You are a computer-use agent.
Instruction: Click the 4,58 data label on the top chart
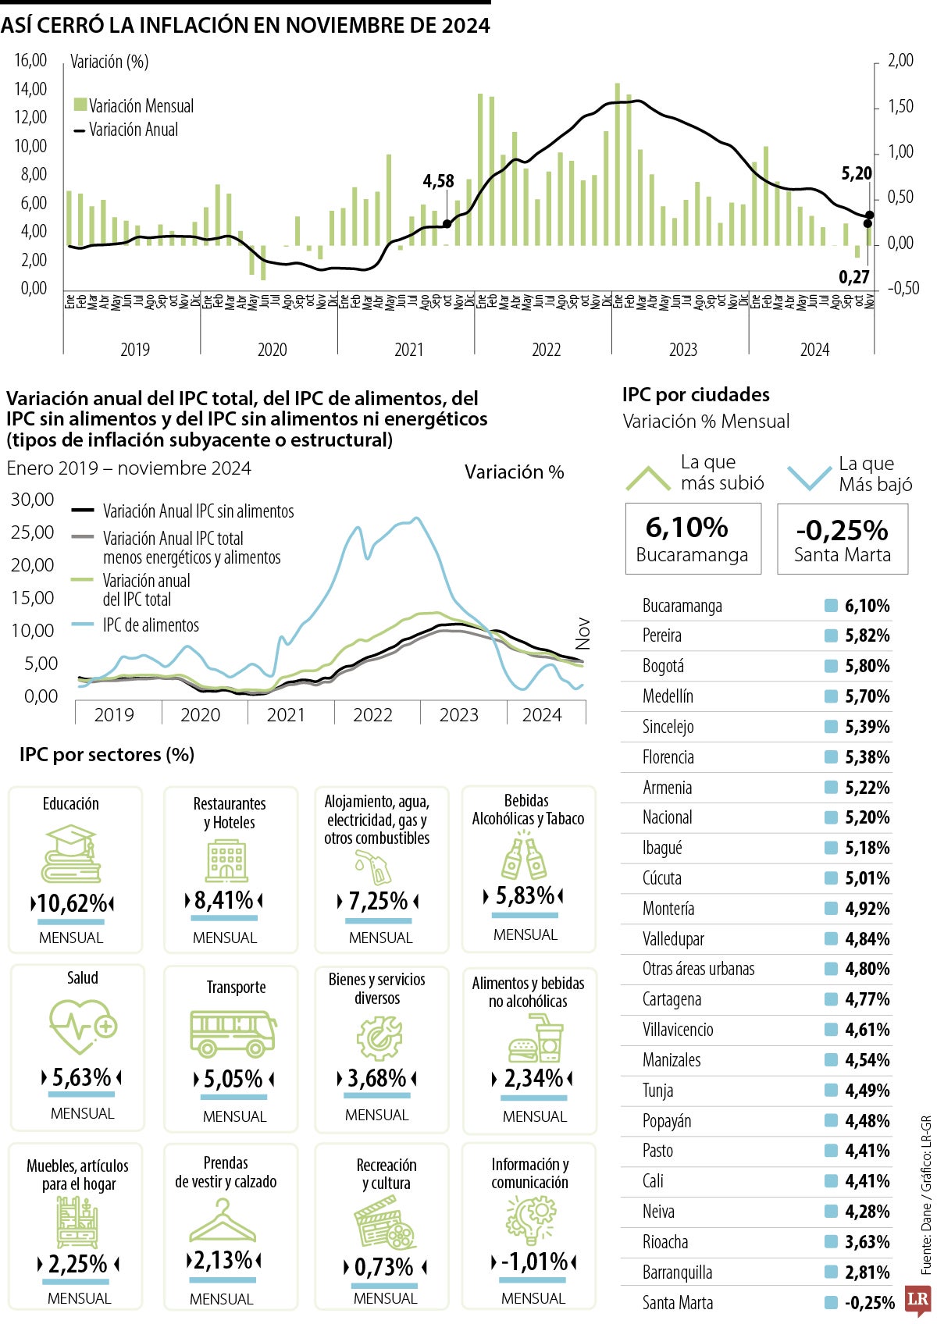coord(438,181)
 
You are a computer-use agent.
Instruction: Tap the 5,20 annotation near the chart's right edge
coord(856,173)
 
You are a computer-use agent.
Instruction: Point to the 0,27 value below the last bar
coord(853,276)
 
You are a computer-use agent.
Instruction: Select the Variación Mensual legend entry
coord(134,105)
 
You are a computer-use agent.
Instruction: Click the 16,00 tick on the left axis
coord(30,60)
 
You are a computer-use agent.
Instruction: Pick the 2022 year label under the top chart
coord(546,350)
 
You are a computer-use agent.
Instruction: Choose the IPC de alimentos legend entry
coord(150,625)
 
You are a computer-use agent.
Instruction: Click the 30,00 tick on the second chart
coord(32,500)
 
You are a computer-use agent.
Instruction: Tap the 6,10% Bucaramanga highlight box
coord(693,539)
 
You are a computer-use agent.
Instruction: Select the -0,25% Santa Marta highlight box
coord(842,539)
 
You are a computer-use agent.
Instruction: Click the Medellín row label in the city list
coord(668,696)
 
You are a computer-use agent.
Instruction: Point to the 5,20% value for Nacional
coord(867,817)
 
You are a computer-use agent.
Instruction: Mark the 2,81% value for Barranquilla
coord(867,1272)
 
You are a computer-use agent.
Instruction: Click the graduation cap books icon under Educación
coord(71,854)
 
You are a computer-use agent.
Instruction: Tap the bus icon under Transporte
coord(233,1032)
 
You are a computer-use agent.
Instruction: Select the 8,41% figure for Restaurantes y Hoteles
coord(224,900)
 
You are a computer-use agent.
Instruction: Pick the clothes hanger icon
coord(223,1219)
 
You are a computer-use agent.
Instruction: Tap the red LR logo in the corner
coord(918,1300)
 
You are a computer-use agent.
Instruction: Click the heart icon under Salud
coord(80,1026)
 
